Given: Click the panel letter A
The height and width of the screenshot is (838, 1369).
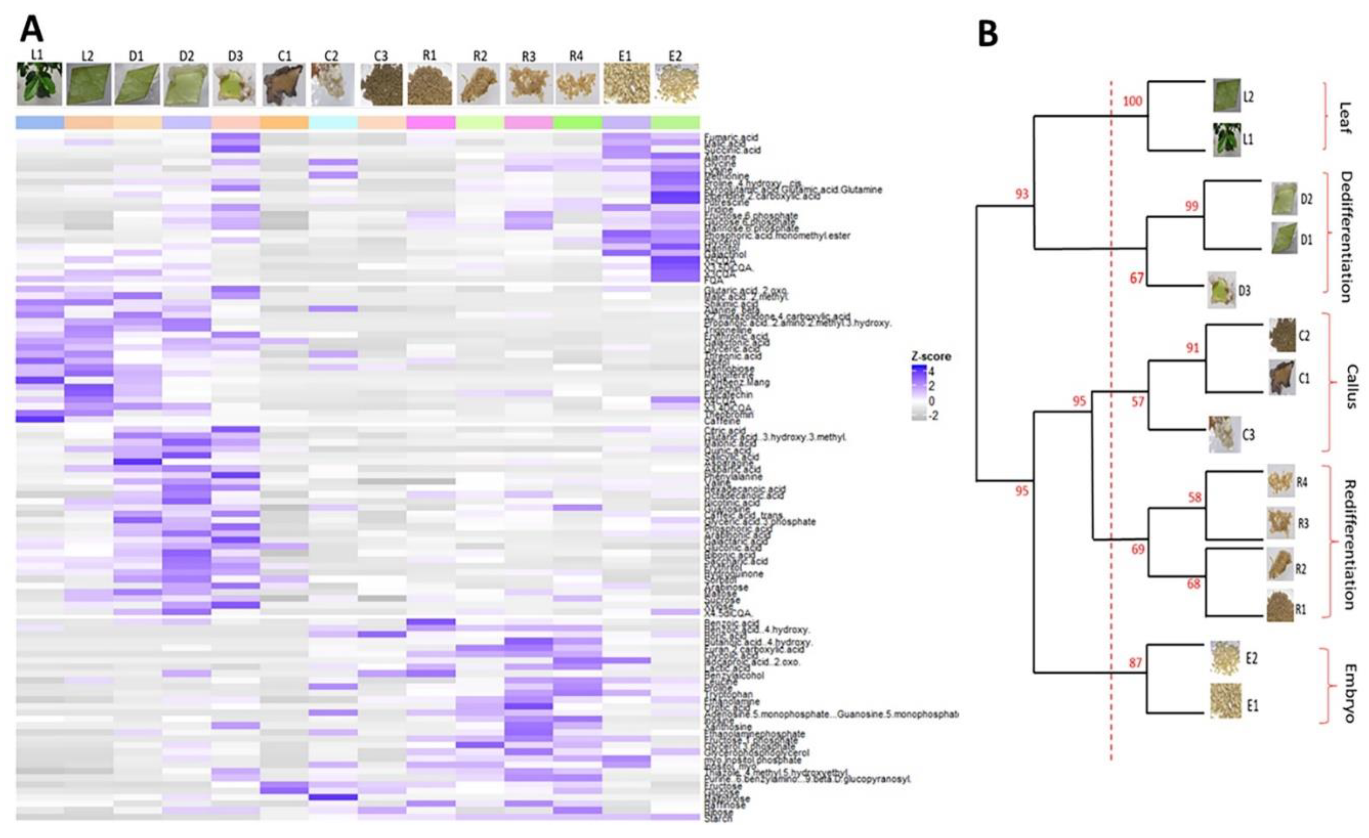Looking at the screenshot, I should (31, 29).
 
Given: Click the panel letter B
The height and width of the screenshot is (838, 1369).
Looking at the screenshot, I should (987, 35).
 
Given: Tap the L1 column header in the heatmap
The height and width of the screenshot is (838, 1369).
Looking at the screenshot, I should (37, 55).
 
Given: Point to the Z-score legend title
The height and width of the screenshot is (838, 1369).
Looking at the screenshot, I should (931, 356).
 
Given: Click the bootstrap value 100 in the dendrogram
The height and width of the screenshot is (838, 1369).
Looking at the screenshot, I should (1132, 101).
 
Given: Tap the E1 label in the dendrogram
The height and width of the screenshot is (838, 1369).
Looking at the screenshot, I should (1252, 706).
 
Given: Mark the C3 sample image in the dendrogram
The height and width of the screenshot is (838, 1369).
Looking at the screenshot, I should (1224, 434).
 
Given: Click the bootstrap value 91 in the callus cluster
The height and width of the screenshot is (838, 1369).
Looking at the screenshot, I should (1192, 348).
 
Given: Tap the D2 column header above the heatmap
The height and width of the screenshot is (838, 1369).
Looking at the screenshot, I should (186, 56).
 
